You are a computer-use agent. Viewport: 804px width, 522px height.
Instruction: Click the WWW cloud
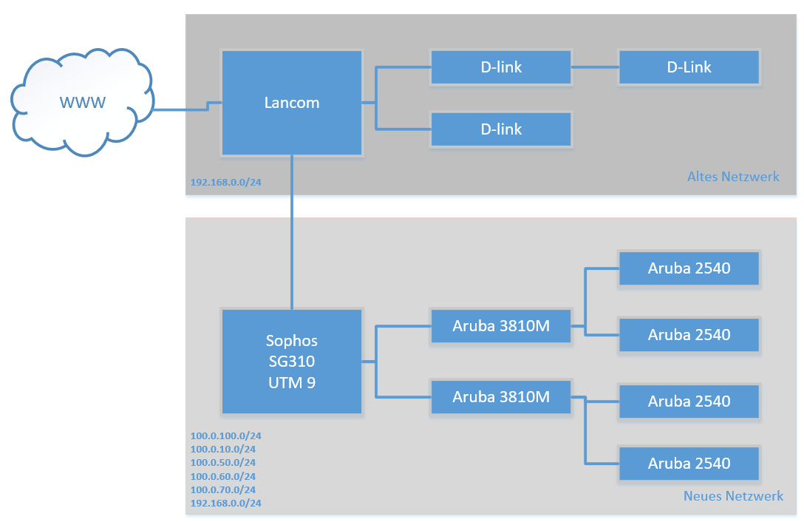(x=82, y=102)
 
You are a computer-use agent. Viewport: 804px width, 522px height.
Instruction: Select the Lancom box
(x=292, y=103)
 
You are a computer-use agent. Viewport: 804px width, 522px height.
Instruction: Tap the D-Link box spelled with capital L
(x=689, y=67)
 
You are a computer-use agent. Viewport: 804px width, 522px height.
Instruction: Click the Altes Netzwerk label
(x=733, y=177)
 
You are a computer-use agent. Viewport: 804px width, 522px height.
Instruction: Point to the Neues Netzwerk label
(x=733, y=496)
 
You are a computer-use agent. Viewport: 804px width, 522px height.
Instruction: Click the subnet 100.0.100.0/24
(x=225, y=435)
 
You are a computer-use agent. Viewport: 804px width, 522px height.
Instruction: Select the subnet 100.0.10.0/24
(x=223, y=449)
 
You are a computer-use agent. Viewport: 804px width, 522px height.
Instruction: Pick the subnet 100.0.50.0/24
(x=223, y=462)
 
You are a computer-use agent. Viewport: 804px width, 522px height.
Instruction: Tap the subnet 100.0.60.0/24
(x=223, y=476)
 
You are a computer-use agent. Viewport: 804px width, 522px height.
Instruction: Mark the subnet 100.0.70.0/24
(x=223, y=489)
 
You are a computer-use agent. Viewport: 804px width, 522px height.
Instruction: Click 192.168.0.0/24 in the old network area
(x=225, y=182)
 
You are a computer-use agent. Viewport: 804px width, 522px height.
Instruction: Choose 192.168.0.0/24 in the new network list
(x=225, y=503)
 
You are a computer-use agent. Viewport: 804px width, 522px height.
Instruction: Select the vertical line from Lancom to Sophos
(x=292, y=232)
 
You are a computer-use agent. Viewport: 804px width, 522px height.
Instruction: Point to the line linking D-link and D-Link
(x=595, y=67)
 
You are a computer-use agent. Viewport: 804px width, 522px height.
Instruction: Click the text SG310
(x=292, y=362)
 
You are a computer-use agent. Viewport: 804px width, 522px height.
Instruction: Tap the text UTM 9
(x=292, y=382)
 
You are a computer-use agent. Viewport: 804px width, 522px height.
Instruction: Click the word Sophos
(x=292, y=341)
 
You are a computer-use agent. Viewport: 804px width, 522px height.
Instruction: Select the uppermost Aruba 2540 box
(x=689, y=268)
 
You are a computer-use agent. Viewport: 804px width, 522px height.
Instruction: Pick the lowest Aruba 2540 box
(x=689, y=464)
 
